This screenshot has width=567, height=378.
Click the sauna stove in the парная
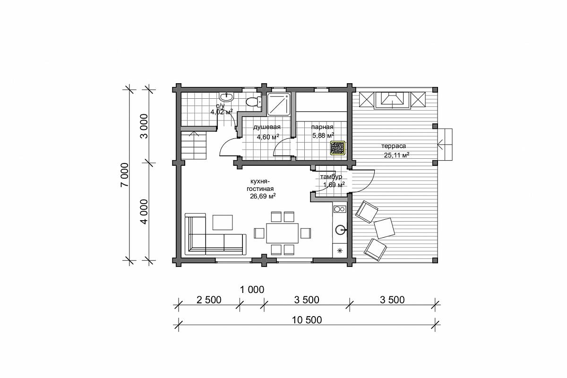(337, 147)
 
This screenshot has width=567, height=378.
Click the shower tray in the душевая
(279, 104)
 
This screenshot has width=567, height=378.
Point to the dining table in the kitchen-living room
(282, 232)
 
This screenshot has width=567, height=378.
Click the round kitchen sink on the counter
(341, 230)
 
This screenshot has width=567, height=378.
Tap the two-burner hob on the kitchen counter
(340, 209)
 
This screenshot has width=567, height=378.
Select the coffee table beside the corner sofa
(223, 222)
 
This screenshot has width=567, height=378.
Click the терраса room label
(394, 146)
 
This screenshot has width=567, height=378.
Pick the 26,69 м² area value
(263, 196)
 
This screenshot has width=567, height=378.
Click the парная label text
(322, 127)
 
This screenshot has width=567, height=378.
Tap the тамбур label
(331, 176)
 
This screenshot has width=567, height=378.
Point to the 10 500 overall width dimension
(307, 320)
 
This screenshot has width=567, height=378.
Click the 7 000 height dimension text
(125, 175)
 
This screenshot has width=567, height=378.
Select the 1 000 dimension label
(252, 290)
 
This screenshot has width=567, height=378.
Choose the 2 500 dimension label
(209, 300)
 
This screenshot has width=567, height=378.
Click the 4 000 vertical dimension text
(144, 212)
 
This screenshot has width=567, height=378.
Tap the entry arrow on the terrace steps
(444, 145)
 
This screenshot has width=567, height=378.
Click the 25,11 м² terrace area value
(396, 155)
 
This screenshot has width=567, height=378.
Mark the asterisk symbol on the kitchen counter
(340, 251)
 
